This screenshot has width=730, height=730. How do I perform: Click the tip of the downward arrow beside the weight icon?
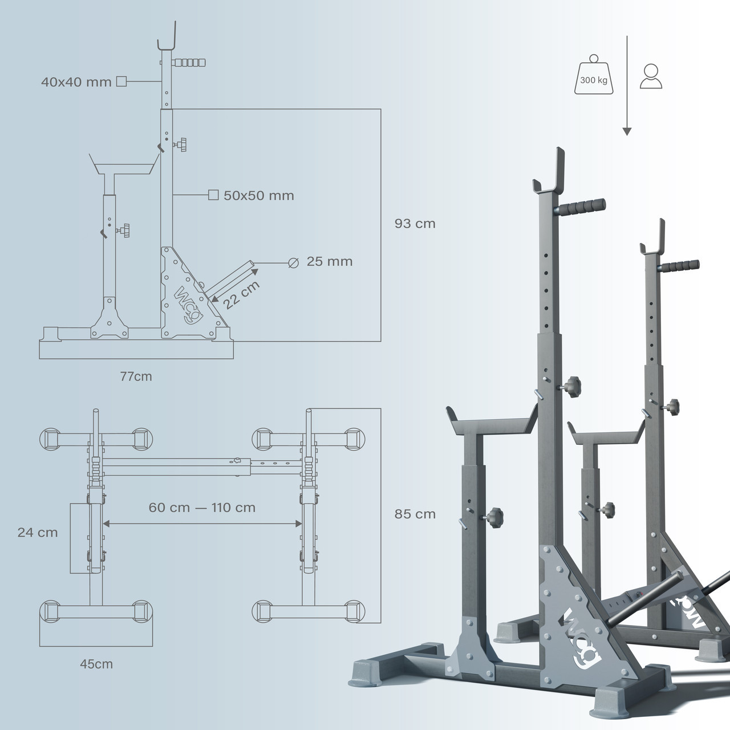[x=627, y=135]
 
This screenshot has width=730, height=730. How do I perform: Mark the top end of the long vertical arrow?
[x=627, y=36]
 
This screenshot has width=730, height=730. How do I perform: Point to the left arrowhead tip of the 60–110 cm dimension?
[x=103, y=524]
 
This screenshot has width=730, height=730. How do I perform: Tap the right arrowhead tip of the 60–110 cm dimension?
[x=302, y=524]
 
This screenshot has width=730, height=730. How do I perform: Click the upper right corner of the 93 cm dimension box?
[x=381, y=109]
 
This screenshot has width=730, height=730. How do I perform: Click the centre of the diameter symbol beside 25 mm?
[x=294, y=262]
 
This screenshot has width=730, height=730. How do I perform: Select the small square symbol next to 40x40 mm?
[x=121, y=81]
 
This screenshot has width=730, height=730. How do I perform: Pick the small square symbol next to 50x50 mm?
[x=213, y=195]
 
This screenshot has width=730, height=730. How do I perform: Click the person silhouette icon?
[x=651, y=76]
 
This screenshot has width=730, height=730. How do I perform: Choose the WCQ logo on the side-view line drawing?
[x=189, y=305]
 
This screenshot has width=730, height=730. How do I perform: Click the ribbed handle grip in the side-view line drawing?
[x=189, y=62]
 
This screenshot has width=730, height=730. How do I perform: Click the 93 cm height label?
[x=415, y=224]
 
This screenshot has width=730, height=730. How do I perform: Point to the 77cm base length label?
[x=136, y=376]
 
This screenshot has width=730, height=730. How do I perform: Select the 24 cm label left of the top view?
[x=38, y=533]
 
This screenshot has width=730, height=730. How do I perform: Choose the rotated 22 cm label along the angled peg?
[x=241, y=295]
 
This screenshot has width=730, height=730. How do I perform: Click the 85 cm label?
[x=415, y=514]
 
